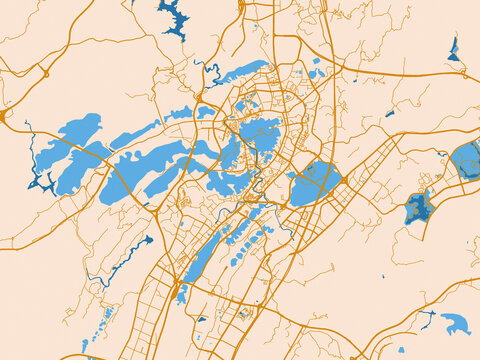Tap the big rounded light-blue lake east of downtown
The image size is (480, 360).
(x=315, y=183)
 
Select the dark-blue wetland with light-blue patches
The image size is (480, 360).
(x=418, y=208)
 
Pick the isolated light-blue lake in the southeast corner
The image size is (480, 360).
(x=456, y=323)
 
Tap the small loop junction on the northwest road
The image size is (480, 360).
(x=45, y=74)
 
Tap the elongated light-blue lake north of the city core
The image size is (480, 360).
(x=235, y=76)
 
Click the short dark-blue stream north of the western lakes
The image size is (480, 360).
(x=211, y=70)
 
